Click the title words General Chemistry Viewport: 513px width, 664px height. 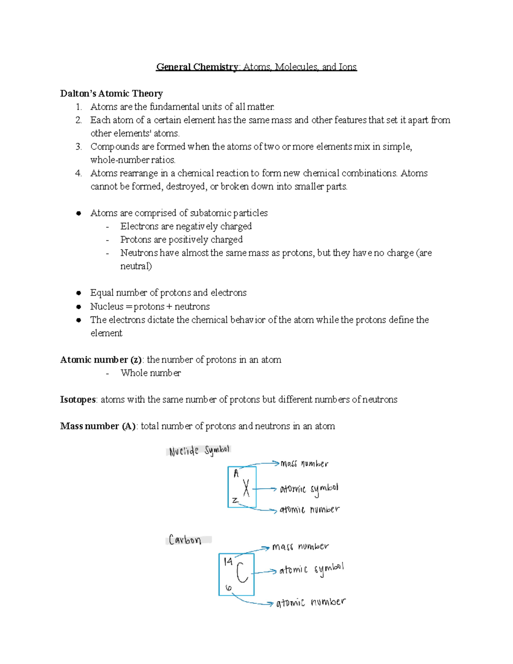click(x=197, y=67)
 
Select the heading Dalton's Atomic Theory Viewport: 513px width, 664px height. click(x=111, y=94)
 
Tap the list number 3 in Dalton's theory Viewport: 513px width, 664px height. click(x=78, y=147)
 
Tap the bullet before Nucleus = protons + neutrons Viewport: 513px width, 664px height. click(x=78, y=307)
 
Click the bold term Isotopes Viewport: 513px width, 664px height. click(x=78, y=400)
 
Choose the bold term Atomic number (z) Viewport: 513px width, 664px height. click(x=101, y=360)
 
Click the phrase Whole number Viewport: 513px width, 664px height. click(x=150, y=373)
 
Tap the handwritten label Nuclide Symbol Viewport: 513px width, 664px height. click(x=199, y=451)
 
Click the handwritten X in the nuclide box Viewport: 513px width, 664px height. click(x=246, y=488)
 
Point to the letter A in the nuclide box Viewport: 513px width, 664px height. click(x=236, y=473)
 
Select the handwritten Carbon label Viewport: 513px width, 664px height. click(x=185, y=540)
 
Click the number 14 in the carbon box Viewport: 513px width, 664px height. click(x=228, y=561)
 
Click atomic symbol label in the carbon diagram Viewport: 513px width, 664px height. click(x=311, y=570)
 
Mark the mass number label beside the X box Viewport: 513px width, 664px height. click(x=304, y=464)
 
